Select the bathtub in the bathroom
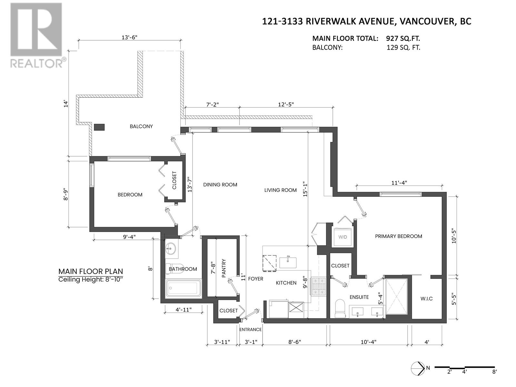point(183,288)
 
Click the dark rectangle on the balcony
point(99,127)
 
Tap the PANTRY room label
point(223,268)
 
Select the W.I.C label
point(426,299)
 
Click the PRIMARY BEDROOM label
point(399,236)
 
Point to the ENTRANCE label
point(250,329)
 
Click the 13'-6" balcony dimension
point(129,37)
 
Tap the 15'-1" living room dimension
point(305,189)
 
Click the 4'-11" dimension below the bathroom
point(184,310)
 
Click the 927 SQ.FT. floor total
point(403,38)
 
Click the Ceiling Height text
point(91,280)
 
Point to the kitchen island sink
point(288,263)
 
